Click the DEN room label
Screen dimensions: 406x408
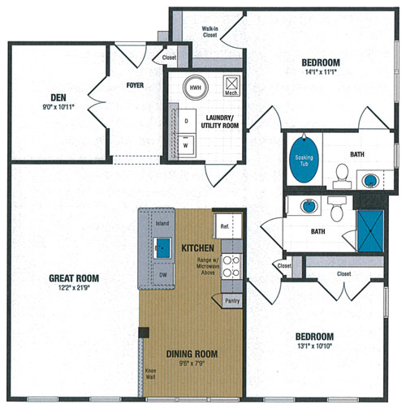pos(58,97)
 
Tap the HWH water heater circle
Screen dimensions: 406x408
pos(196,88)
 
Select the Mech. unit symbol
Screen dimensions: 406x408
pos(231,85)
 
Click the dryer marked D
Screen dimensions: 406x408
pos(187,121)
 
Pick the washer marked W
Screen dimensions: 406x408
pos(186,146)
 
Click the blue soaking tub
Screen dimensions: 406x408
pos(304,160)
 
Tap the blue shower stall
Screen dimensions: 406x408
pos(370,231)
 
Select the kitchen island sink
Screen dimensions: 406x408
pos(162,247)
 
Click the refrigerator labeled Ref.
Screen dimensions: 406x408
pos(227,226)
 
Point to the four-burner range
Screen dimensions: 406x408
pos(231,267)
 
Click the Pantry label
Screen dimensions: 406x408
pos(232,301)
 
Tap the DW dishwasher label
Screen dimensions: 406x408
pos(163,275)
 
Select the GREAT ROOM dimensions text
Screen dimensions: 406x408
pos(74,288)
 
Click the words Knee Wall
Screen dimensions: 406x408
pos(150,374)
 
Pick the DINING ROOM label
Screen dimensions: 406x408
pos(192,354)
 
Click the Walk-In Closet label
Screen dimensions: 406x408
pos(209,32)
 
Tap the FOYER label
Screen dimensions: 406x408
pos(135,85)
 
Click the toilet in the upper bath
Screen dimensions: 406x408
pos(342,176)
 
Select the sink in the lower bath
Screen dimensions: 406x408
pos(309,206)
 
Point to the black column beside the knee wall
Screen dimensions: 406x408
pos(144,333)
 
